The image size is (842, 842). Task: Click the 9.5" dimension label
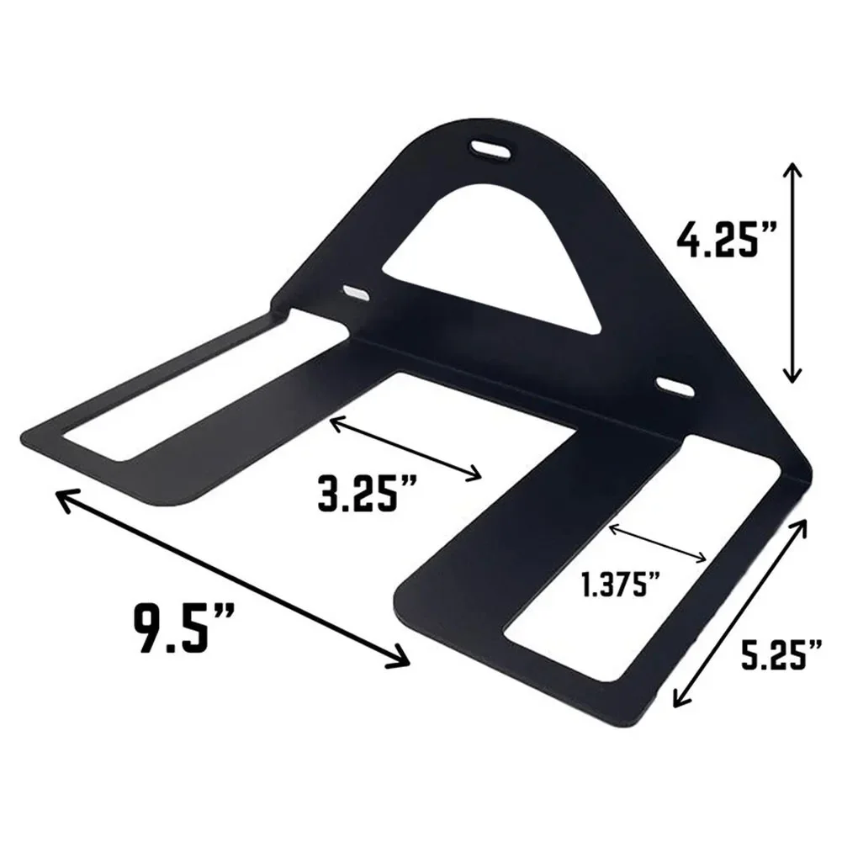click(x=183, y=628)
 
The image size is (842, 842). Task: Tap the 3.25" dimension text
click(x=368, y=491)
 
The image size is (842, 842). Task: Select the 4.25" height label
click(x=727, y=240)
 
